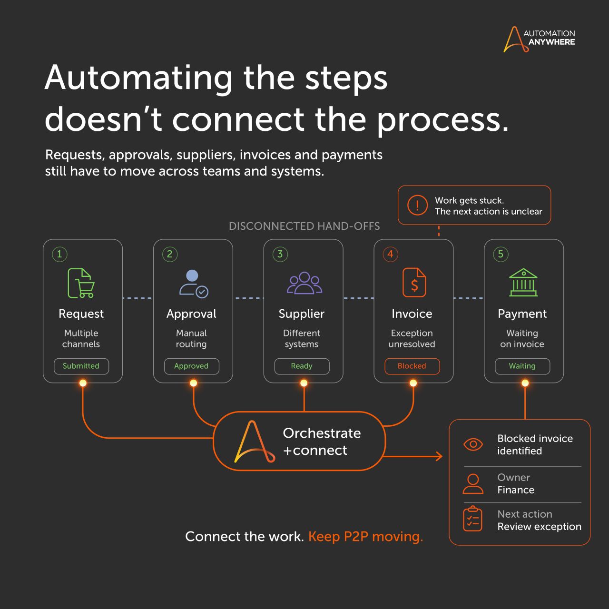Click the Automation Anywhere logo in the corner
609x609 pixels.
539,39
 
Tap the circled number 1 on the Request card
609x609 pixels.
59,254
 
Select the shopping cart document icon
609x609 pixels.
81,283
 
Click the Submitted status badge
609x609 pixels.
81,366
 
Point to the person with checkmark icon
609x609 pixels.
194,284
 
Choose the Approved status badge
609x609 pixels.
192,366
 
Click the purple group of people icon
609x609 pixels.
304,283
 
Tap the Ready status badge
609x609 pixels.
302,366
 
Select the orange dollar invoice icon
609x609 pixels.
414,283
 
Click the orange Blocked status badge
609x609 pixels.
412,366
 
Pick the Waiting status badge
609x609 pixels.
522,366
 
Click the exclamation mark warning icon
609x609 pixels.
417,206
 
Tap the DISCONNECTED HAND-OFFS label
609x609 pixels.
304,226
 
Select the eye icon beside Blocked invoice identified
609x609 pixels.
473,444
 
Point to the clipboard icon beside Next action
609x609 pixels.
472,519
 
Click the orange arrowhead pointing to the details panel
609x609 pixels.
439,456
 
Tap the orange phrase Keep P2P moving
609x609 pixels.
366,537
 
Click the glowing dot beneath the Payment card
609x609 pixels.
525,383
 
